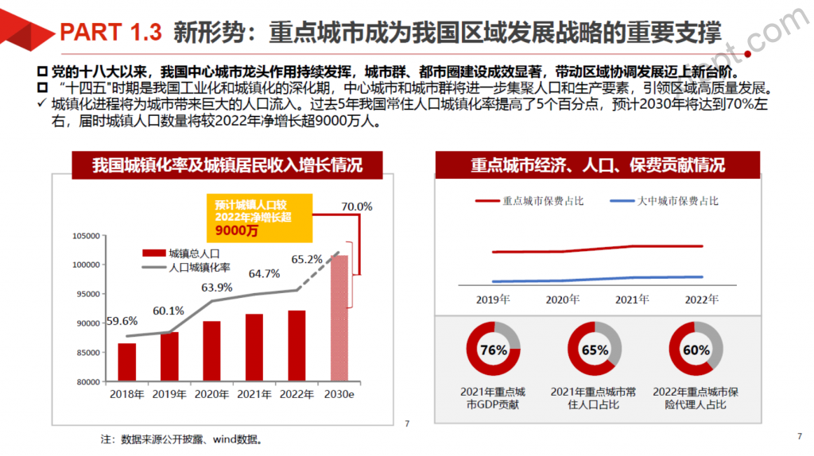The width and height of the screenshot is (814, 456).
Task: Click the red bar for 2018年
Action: (127, 362)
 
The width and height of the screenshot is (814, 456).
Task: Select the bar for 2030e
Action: (339, 318)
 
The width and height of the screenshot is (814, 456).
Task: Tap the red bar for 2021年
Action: (254, 347)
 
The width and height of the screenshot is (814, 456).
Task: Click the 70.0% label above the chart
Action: (356, 207)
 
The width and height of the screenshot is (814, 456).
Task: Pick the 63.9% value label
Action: (217, 288)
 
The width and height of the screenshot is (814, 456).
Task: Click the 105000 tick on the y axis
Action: (84, 236)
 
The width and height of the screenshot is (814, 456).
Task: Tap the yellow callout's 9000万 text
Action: (237, 231)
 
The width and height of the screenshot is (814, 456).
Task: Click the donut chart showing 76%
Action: (494, 350)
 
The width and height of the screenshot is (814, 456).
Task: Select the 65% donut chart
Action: (595, 350)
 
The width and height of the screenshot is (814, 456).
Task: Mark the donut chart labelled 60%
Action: (696, 350)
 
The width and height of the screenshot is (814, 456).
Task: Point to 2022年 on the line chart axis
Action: (701, 300)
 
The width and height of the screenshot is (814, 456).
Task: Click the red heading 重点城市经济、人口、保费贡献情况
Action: (597, 165)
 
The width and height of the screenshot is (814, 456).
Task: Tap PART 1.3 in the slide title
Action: (111, 33)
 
